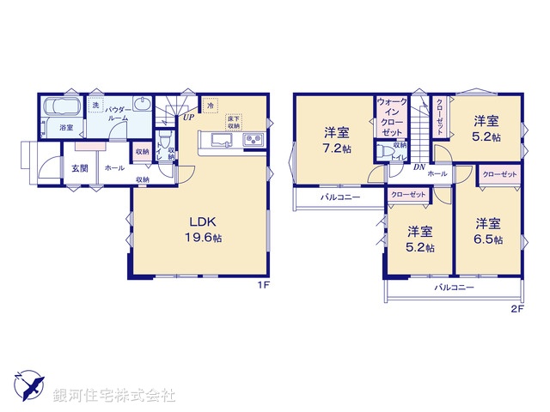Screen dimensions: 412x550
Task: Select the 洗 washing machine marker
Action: pyautogui.click(x=96, y=105)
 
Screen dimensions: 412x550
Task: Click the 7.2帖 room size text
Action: pyautogui.click(x=336, y=148)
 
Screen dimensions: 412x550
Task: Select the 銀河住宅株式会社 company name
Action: pyautogui.click(x=113, y=396)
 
